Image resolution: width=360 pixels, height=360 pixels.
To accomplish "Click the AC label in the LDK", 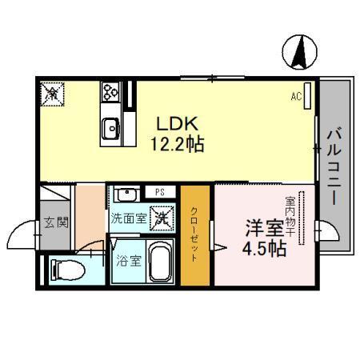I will (295, 97).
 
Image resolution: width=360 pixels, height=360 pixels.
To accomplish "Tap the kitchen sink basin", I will (110, 127).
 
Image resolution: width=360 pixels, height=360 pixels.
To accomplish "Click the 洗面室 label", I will (128, 217).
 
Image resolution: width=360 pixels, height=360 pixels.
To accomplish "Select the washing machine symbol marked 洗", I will (162, 216).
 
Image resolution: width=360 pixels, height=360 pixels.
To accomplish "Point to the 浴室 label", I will (125, 259).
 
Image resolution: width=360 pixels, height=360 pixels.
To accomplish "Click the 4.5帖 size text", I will (264, 249).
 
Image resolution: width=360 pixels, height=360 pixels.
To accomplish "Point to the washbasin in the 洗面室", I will (126, 194).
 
